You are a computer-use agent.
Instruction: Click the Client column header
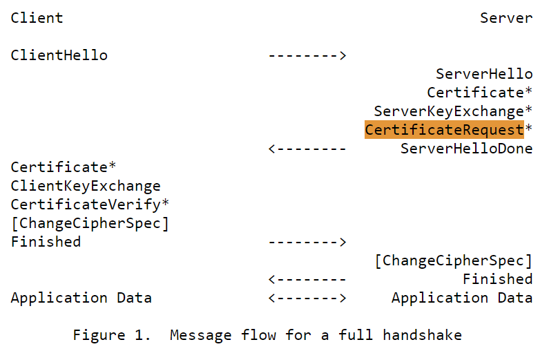pyautogui.click(x=37, y=18)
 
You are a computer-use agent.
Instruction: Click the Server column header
pyautogui.click(x=506, y=18)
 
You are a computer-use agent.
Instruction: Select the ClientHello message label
pyautogui.click(x=59, y=55)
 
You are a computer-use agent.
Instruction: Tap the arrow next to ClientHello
pyautogui.click(x=307, y=55)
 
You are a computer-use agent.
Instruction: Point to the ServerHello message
pyautogui.click(x=484, y=74)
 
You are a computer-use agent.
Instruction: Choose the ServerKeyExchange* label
pyautogui.click(x=453, y=111)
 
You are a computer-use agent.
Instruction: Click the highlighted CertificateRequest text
pyautogui.click(x=444, y=130)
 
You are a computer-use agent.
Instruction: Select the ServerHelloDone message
pyautogui.click(x=466, y=149)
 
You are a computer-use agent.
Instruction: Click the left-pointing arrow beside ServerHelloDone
pyautogui.click(x=307, y=149)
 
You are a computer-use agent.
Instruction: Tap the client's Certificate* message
pyautogui.click(x=59, y=167)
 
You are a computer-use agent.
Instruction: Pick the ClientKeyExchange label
pyautogui.click(x=86, y=186)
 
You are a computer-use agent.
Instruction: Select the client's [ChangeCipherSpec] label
pyautogui.click(x=90, y=223)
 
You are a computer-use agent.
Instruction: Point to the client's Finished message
pyautogui.click(x=46, y=242)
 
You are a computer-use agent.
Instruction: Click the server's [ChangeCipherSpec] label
pyautogui.click(x=453, y=260)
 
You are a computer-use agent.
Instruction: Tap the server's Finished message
pyautogui.click(x=497, y=279)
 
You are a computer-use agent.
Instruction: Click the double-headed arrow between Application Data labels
pyautogui.click(x=307, y=298)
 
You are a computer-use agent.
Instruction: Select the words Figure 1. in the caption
pyautogui.click(x=112, y=336)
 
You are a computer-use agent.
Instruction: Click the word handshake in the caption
pyautogui.click(x=422, y=336)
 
